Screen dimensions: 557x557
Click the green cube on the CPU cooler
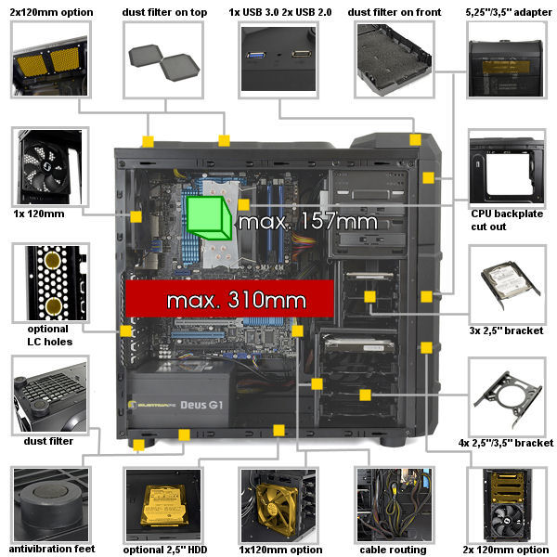[209, 218]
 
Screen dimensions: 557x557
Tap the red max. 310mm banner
[229, 298]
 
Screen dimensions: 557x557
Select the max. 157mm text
[307, 222]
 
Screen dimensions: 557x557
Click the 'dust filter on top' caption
[164, 12]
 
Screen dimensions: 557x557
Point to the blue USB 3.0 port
[256, 55]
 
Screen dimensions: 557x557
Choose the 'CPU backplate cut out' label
[507, 220]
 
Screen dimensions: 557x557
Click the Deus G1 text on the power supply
[201, 405]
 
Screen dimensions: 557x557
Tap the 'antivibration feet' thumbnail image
[51, 504]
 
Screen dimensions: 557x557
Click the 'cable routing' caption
[393, 550]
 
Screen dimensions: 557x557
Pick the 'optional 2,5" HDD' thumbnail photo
[163, 505]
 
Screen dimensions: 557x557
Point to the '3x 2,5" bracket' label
[506, 330]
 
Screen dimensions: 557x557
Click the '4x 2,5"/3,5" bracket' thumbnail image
[507, 396]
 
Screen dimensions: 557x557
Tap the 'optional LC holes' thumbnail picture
[51, 283]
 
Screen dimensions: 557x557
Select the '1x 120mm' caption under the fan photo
[39, 214]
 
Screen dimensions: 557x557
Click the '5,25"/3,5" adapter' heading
[509, 12]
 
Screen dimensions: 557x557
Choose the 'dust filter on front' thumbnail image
[395, 59]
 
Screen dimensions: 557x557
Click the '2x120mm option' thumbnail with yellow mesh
[51, 59]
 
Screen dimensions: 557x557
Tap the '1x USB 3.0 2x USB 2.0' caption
[280, 12]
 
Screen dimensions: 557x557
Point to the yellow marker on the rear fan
[136, 216]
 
